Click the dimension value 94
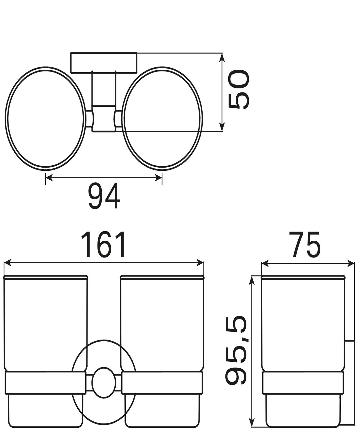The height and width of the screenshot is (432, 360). click(104, 197)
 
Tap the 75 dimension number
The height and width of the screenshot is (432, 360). click(306, 245)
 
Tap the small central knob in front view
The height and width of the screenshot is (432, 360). click(103, 382)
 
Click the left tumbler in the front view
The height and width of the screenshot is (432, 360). click(46, 323)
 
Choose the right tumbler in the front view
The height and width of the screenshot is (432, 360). click(162, 323)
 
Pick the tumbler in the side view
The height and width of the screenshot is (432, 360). click(303, 323)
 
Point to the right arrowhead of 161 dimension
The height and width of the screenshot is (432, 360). click(200, 263)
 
